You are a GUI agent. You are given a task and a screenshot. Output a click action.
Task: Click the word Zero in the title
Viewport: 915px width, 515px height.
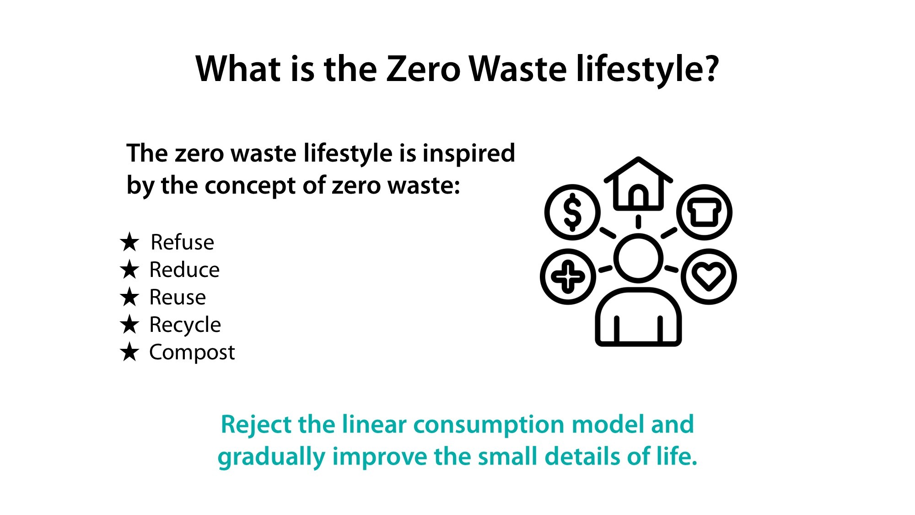423,69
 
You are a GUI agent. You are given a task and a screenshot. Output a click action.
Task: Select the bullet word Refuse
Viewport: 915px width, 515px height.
182,242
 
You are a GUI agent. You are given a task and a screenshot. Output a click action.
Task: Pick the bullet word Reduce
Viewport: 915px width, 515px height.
184,270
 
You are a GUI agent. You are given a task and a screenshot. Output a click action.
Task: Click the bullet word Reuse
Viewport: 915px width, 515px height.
178,297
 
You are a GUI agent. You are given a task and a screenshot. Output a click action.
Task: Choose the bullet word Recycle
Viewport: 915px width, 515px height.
185,325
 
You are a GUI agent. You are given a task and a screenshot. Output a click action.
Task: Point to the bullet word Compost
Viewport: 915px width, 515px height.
192,352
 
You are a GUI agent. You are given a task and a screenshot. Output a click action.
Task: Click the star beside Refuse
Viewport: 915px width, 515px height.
129,242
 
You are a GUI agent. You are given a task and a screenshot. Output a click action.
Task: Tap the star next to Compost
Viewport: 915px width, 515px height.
129,352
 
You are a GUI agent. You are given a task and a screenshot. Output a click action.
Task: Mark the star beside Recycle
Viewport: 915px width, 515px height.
129,325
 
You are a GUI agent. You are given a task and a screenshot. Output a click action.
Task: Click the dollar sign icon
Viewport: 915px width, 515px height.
572,212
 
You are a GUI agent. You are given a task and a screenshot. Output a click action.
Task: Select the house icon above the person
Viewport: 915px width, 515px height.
638,184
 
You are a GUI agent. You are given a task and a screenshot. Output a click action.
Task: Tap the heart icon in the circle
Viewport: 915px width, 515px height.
709,276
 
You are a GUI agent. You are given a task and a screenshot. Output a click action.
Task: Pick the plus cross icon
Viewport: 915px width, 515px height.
568,276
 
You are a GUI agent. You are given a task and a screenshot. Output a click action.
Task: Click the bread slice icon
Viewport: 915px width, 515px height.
705,212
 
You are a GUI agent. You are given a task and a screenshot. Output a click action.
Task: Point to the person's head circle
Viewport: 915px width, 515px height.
638,258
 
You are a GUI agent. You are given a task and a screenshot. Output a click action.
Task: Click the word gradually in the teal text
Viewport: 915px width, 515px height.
271,457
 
